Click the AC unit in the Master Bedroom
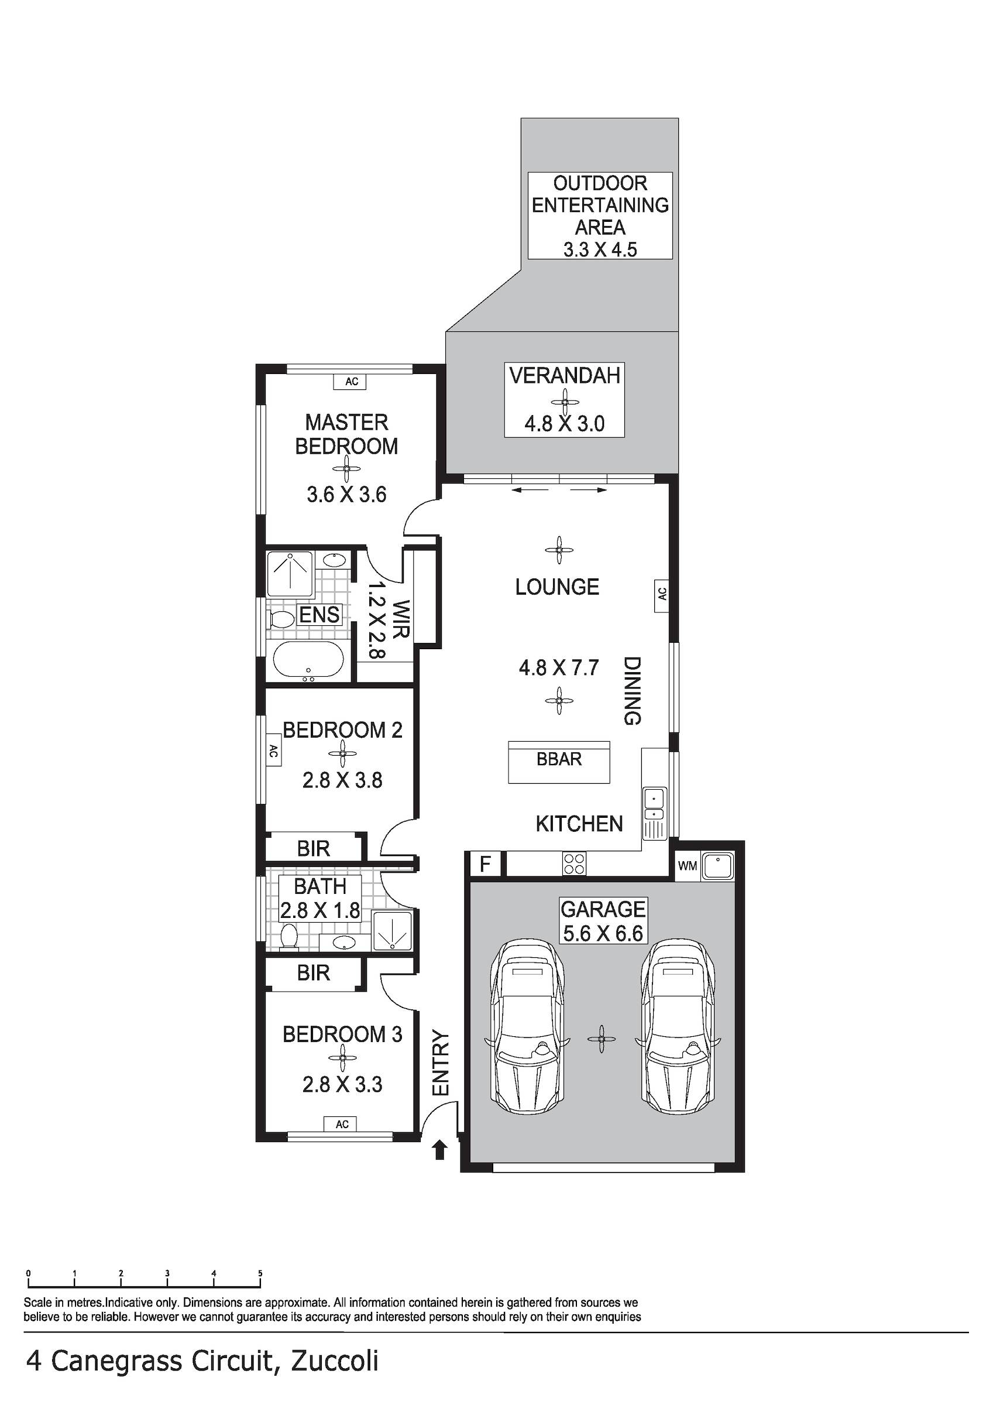click(x=351, y=381)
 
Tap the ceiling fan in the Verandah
click(x=564, y=402)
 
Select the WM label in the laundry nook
click(x=687, y=866)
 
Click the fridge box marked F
click(x=485, y=864)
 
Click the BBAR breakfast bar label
click(x=559, y=759)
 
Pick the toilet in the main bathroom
click(x=288, y=938)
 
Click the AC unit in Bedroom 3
click(x=342, y=1124)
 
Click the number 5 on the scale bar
click(x=260, y=1274)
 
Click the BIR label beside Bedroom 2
click(x=313, y=849)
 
